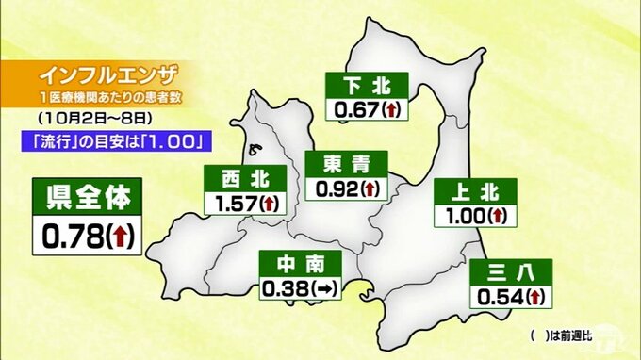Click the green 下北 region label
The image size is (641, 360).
(367, 86)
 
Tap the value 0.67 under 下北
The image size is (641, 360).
(354, 109)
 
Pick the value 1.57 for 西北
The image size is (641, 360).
(232, 202)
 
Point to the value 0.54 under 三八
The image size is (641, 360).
(500, 298)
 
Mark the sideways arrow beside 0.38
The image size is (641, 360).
(322, 287)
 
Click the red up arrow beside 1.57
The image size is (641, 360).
(269, 203)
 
